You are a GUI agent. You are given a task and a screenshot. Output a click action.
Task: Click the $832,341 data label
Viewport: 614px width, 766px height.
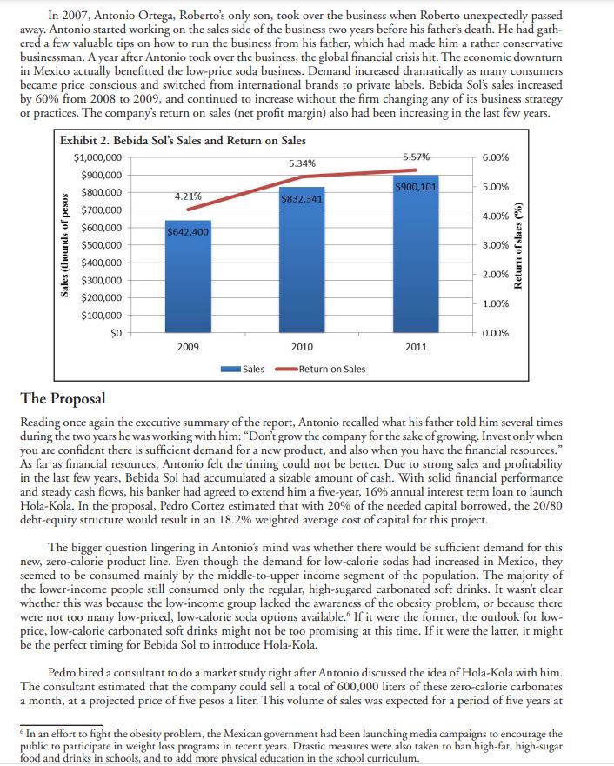(x=302, y=199)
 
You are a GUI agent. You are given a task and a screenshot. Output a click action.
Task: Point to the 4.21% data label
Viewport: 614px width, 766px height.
(x=189, y=196)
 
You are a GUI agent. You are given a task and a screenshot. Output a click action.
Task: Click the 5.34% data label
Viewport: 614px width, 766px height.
(x=302, y=163)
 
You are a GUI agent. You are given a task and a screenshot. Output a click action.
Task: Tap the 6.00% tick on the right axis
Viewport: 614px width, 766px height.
(x=505, y=157)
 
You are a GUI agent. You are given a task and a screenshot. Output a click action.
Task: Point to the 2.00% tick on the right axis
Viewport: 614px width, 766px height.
(x=505, y=275)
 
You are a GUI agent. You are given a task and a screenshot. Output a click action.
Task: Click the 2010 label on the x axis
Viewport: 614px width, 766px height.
(x=302, y=348)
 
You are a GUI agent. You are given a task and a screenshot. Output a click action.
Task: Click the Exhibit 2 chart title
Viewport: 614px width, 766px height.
(x=183, y=141)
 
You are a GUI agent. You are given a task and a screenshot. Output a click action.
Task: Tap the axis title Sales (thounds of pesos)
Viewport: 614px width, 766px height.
(x=65, y=245)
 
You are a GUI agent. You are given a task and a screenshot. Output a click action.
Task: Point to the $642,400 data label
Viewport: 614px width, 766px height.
(x=189, y=232)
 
